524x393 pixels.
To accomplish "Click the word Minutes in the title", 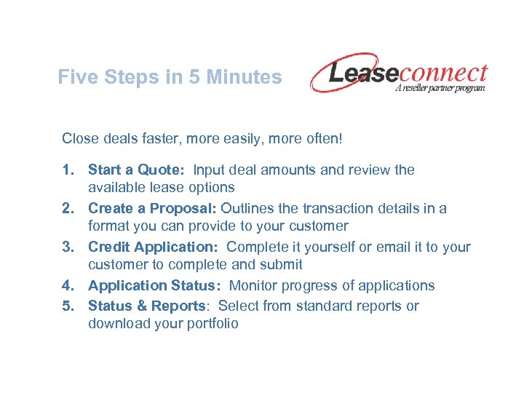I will click(245, 77).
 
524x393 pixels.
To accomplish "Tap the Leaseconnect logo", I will click(399, 74).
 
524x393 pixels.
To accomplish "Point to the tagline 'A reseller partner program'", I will click(440, 87).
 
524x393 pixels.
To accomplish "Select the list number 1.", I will click(67, 170).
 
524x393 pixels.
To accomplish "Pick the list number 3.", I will click(67, 247).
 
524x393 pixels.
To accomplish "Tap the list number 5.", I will click(67, 306).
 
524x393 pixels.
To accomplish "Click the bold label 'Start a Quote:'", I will click(137, 170).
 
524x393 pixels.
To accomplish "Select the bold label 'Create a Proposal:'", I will click(152, 208).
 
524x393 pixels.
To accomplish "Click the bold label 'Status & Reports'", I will click(146, 306).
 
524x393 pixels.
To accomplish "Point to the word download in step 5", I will click(117, 324).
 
